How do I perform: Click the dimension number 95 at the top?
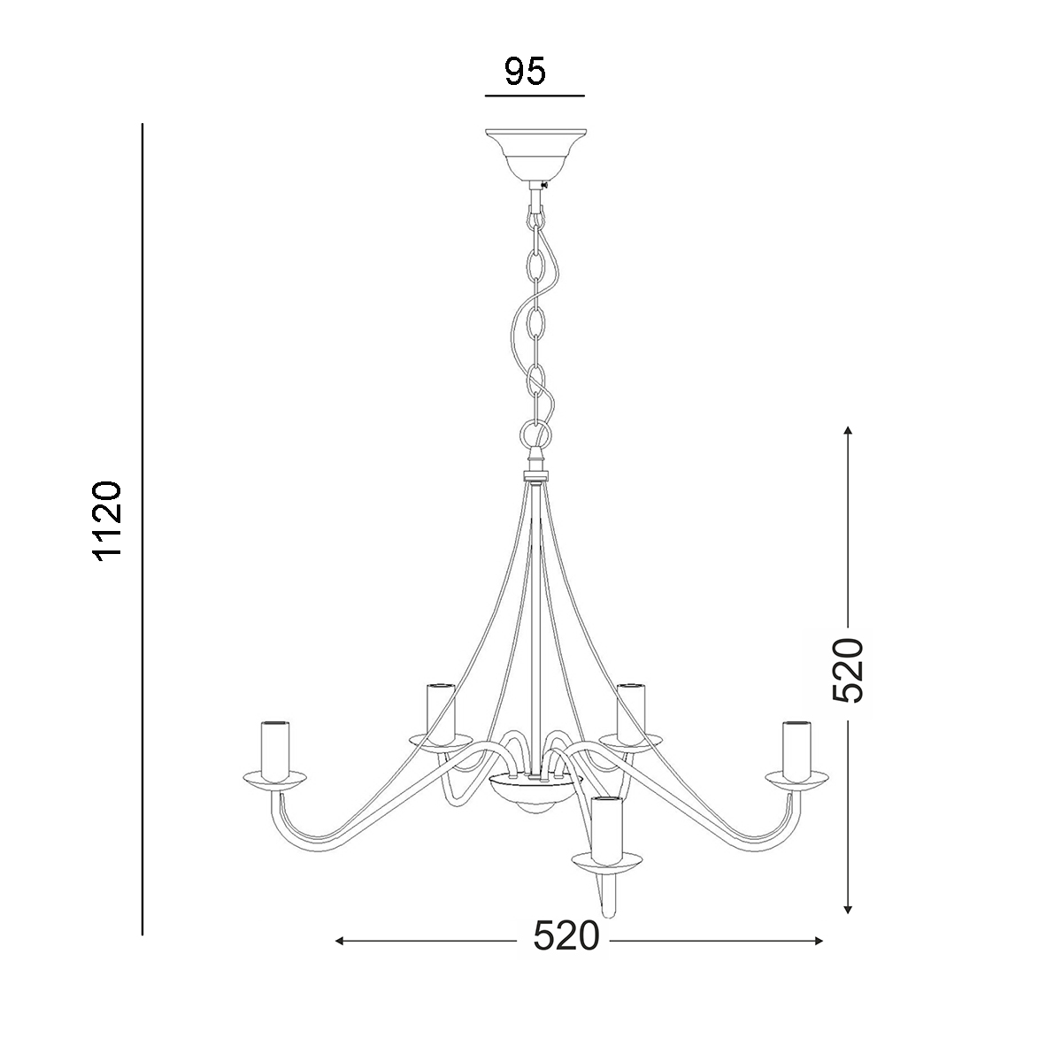click(525, 71)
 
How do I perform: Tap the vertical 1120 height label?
click(108, 521)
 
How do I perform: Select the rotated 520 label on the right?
click(848, 670)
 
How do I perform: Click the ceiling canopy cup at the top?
click(535, 156)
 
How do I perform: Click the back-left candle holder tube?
click(441, 712)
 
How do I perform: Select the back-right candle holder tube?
click(631, 712)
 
